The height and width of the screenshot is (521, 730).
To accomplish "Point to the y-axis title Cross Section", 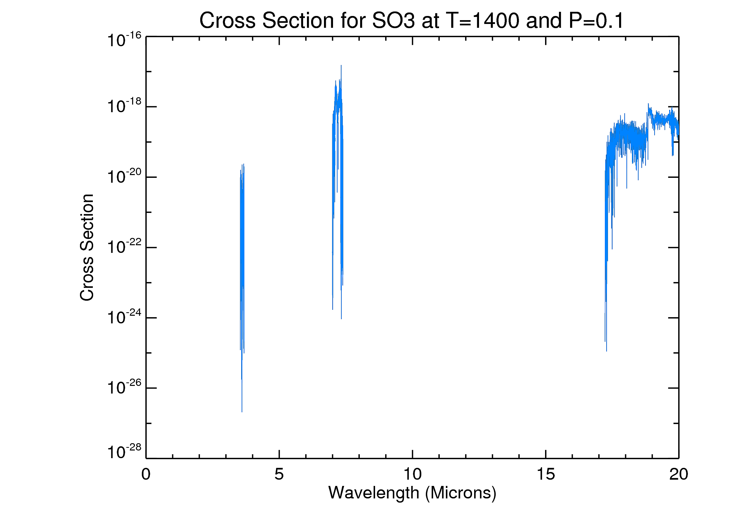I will pyautogui.click(x=87, y=247).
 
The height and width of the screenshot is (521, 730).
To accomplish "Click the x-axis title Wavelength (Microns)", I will pyautogui.click(x=412, y=493).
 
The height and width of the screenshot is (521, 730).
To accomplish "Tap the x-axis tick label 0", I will pyautogui.click(x=146, y=474).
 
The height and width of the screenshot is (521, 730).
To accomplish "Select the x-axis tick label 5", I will pyautogui.click(x=279, y=474).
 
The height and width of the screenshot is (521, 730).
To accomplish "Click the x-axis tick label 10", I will pyautogui.click(x=412, y=474).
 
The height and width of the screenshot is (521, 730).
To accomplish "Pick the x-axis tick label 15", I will pyautogui.click(x=545, y=474).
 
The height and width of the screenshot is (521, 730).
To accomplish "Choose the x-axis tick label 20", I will pyautogui.click(x=679, y=474).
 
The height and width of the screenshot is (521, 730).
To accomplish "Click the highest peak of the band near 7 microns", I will pyautogui.click(x=341, y=66).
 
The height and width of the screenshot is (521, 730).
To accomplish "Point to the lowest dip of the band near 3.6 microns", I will pyautogui.click(x=242, y=412).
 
